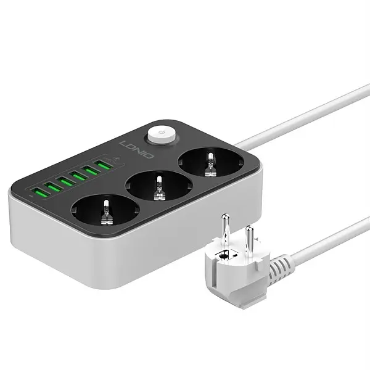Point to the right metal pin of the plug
tap(250, 238)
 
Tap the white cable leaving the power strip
tap(296, 123)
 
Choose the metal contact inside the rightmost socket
tap(208, 165)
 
